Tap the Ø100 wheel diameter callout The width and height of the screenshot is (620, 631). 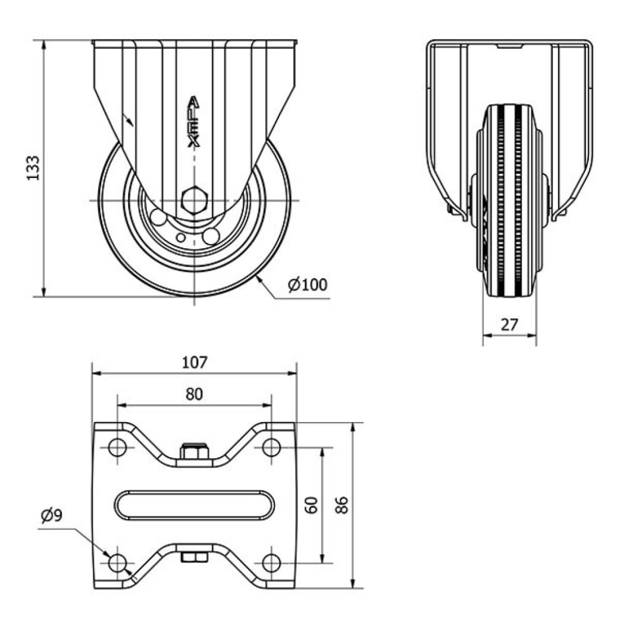point(307,285)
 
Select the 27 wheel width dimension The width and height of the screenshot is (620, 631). point(509,324)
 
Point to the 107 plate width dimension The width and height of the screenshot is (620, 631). point(195,361)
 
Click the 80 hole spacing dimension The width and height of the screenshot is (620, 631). point(194,393)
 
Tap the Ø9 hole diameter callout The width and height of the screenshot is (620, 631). point(52,516)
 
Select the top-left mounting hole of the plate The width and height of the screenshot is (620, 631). point(117,447)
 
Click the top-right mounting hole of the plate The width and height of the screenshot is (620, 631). point(271,447)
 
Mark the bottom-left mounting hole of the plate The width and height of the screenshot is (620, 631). point(117,561)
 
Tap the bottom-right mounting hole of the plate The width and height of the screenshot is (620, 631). point(271,561)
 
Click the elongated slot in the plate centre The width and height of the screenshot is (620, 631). point(195,505)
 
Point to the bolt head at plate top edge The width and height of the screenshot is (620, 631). point(195,452)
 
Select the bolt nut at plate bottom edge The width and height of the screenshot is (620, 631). point(194,557)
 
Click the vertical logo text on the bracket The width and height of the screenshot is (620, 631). point(194,121)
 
